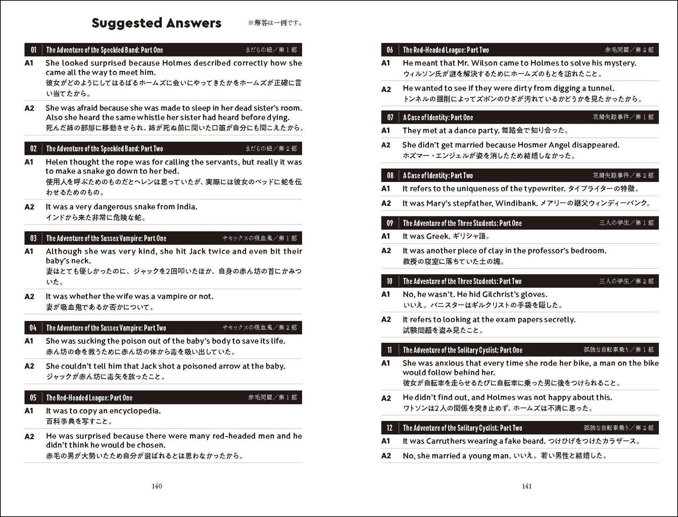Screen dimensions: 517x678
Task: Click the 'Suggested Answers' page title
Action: coord(156,23)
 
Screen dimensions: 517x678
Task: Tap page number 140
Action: coord(157,486)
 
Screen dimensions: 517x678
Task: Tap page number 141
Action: coord(527,486)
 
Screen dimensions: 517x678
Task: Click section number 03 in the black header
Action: coord(33,238)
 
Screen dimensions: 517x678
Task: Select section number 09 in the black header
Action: coord(390,223)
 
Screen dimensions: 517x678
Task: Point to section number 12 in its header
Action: coord(390,428)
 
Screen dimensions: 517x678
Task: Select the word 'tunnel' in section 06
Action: coord(599,88)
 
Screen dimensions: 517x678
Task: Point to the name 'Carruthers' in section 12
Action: coord(446,441)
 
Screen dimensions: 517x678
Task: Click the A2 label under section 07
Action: coord(386,145)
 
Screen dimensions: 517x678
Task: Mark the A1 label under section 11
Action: coord(386,363)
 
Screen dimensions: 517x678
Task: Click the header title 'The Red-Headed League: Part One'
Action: coord(89,398)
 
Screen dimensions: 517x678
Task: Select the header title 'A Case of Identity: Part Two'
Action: coord(438,175)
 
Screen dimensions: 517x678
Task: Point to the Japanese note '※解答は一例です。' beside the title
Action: coord(276,23)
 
